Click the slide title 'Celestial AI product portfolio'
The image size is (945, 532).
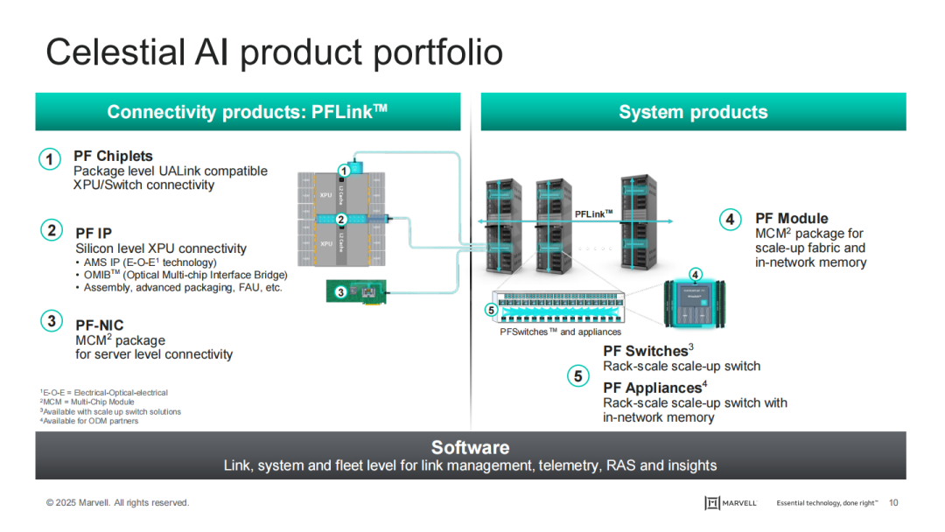[x=274, y=52]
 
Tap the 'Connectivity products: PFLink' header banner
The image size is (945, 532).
[x=247, y=112]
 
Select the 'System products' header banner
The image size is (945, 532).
[x=693, y=112]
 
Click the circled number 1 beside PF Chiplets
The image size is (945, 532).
[x=50, y=159]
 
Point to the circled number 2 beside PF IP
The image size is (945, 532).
[x=52, y=231]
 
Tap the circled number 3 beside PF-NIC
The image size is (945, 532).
[x=52, y=321]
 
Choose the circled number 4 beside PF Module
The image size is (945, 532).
[x=731, y=219]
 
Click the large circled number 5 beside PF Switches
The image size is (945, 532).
[x=577, y=376]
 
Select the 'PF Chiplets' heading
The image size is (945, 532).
[x=113, y=157]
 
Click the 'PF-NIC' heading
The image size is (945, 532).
[x=100, y=325]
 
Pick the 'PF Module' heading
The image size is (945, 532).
[x=791, y=219]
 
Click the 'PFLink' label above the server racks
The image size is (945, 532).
[x=593, y=213]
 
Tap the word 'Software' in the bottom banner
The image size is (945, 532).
[x=470, y=448]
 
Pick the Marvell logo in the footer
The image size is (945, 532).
[x=731, y=502]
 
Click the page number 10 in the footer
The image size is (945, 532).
[x=893, y=502]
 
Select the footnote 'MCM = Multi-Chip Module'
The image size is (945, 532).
[x=88, y=402]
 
